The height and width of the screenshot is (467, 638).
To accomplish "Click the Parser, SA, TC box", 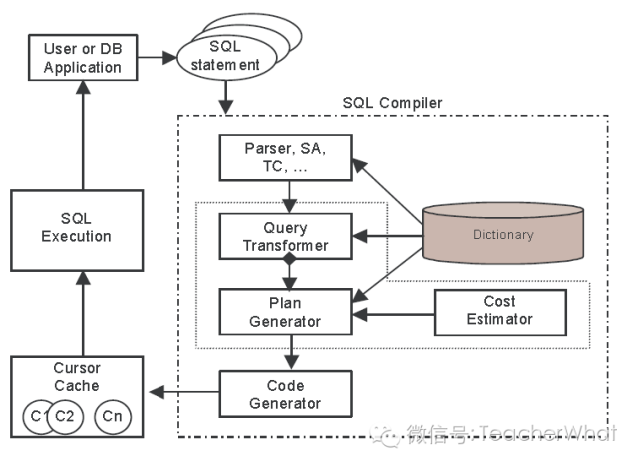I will (285, 158).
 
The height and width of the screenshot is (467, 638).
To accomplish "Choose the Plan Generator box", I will (285, 311).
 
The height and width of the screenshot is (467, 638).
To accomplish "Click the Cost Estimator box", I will (500, 310).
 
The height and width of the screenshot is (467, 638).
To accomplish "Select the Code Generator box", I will (285, 393).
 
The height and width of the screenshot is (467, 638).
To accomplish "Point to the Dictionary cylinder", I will (502, 236).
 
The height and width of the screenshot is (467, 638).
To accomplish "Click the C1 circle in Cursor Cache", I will (40, 416).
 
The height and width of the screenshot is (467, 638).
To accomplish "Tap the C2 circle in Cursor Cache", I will (63, 416).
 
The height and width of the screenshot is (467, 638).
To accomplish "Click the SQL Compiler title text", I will (392, 103).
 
